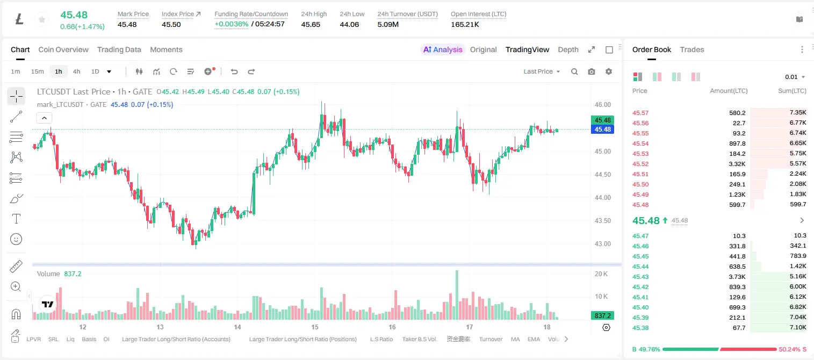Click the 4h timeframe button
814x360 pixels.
[x=76, y=71]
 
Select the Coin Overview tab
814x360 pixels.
[x=63, y=49]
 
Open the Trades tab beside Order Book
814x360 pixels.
[x=692, y=49]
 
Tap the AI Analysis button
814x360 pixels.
[x=443, y=49]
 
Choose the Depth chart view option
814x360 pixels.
[x=568, y=49]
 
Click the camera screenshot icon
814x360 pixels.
[x=592, y=71]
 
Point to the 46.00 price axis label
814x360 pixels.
[x=602, y=105]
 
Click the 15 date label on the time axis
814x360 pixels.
[x=315, y=327]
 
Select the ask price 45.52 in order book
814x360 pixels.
[x=640, y=164]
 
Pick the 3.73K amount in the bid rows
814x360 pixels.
[x=737, y=277]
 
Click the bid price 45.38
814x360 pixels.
[x=640, y=328]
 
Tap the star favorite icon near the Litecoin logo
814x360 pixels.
[x=42, y=19]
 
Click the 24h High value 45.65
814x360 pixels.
[x=311, y=24]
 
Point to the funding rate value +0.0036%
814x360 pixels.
[x=231, y=24]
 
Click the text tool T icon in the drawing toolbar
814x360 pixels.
[x=16, y=219]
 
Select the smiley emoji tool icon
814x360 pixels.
[x=16, y=239]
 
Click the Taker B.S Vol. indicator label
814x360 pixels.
[x=419, y=339]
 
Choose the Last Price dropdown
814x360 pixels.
[x=542, y=71]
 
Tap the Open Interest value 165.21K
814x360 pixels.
[x=465, y=24]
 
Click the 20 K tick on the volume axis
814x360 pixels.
[x=601, y=274]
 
